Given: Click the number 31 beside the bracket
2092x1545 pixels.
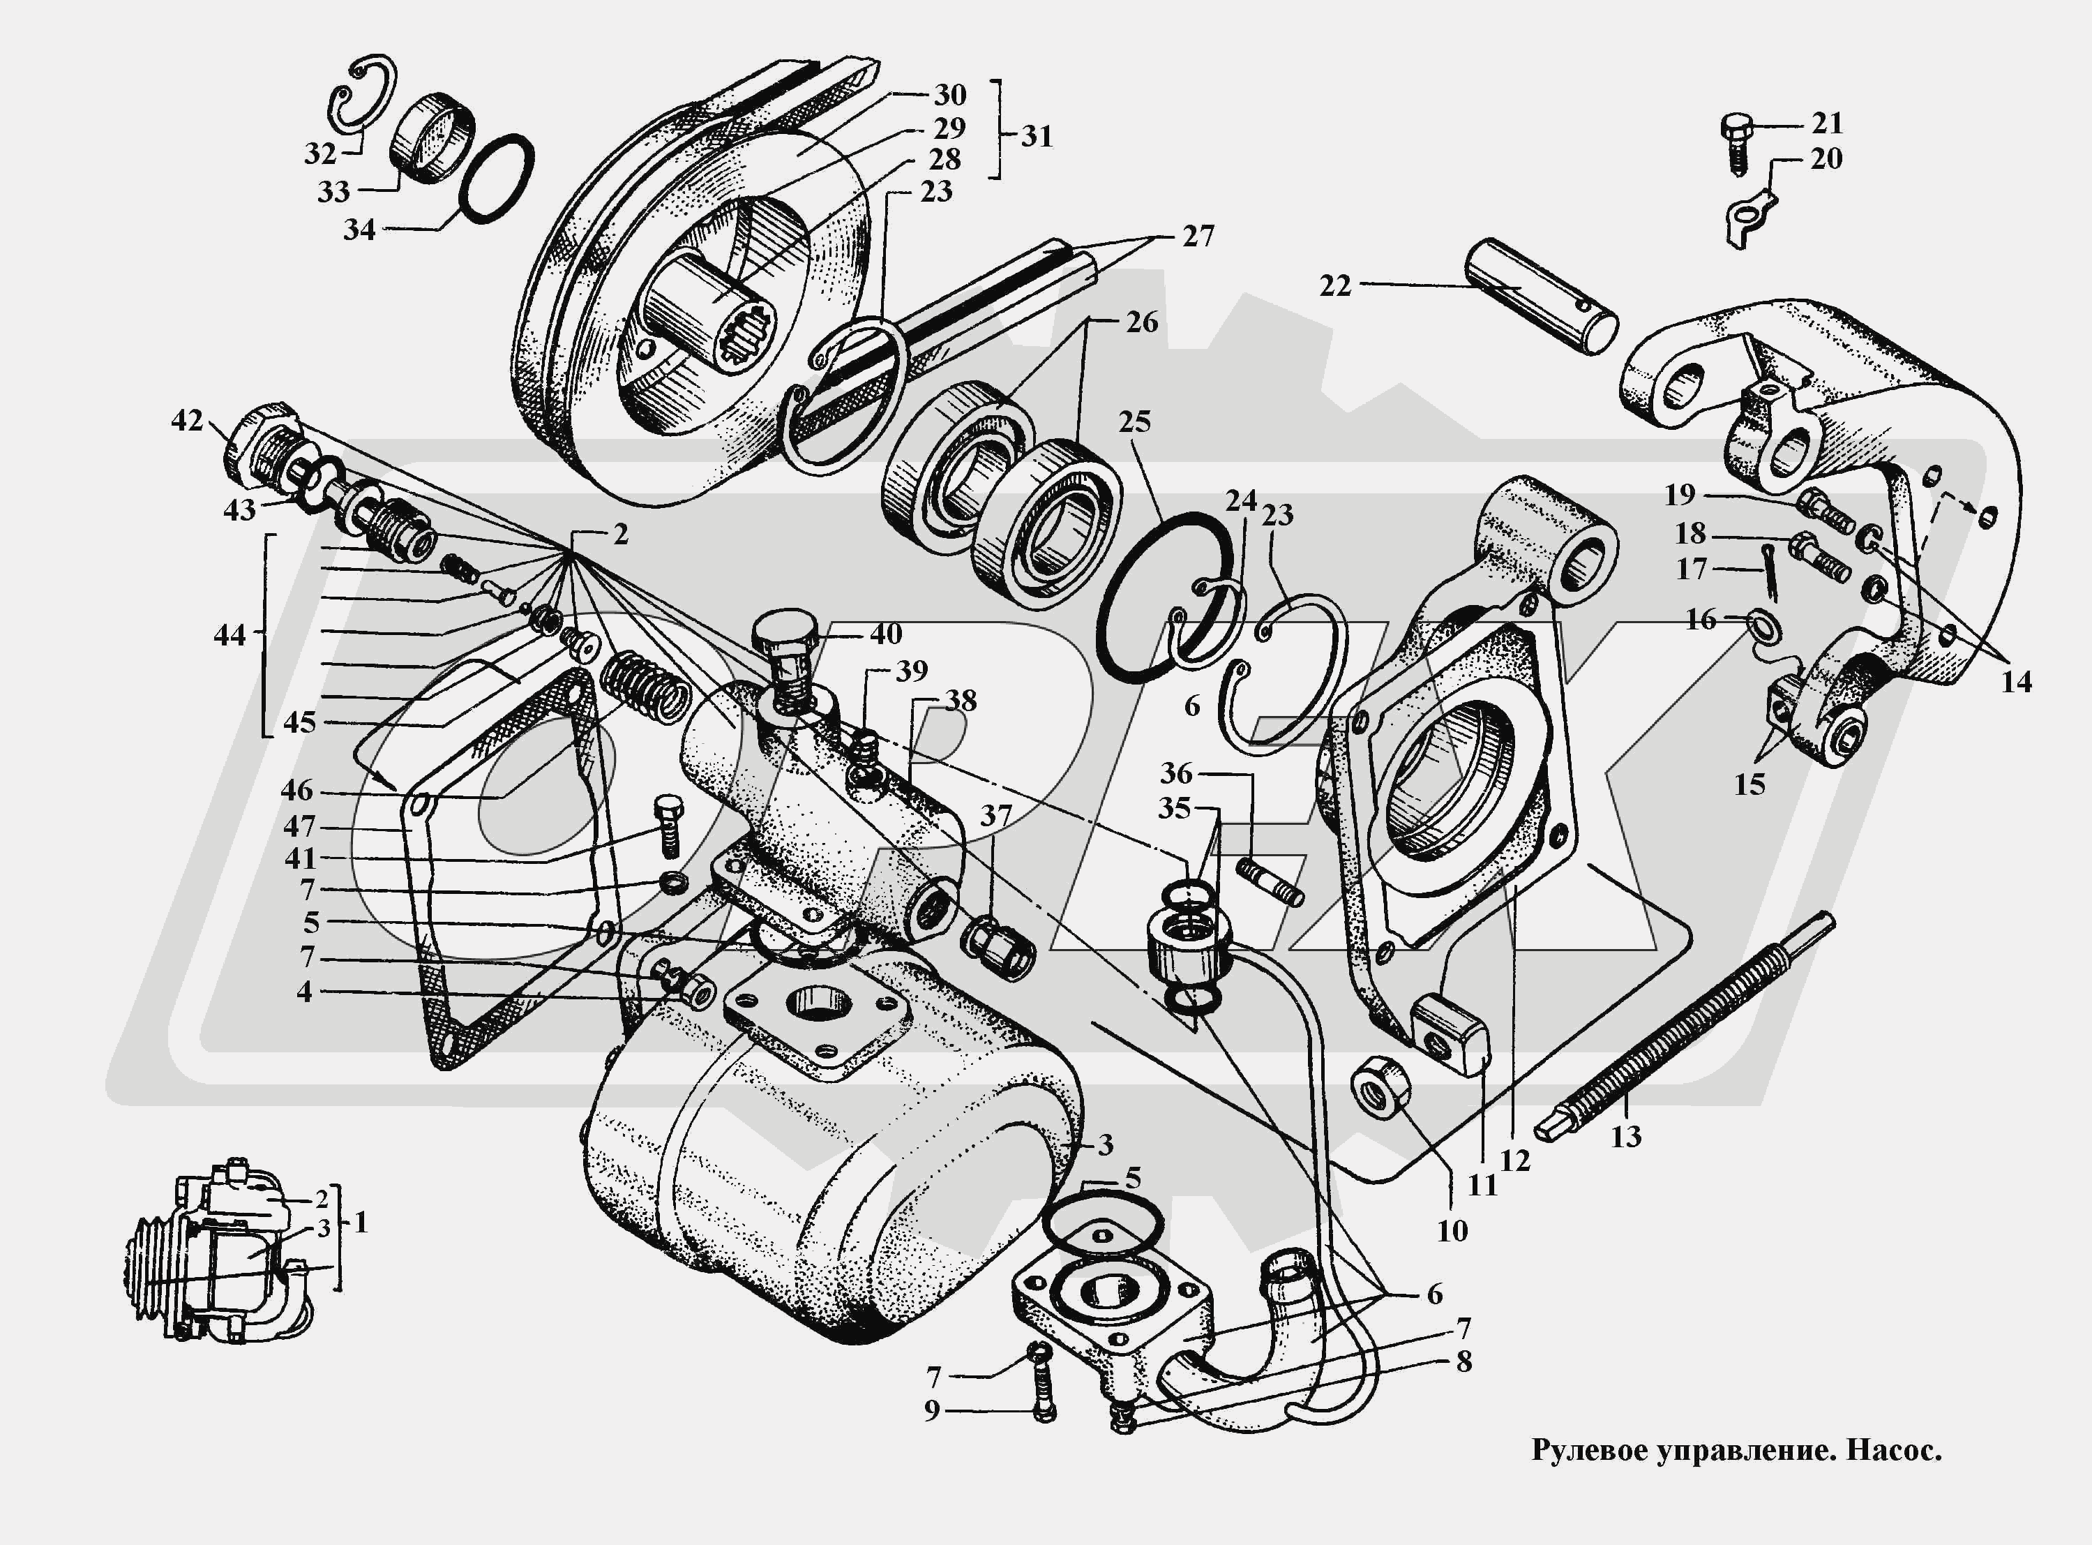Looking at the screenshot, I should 1037,137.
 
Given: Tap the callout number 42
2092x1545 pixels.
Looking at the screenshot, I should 187,421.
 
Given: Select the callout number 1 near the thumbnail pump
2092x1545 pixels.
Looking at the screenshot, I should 361,1223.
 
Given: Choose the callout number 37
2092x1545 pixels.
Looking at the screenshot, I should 996,816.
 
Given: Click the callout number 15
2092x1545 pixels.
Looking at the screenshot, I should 1749,784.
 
